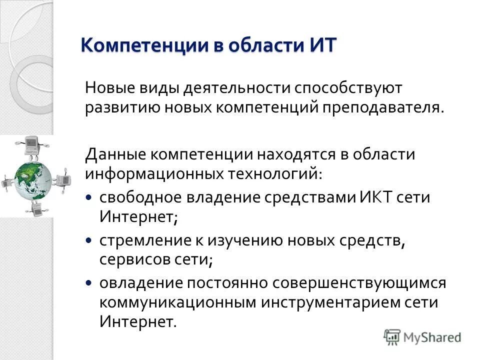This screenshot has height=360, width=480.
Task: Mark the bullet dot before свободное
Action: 88,197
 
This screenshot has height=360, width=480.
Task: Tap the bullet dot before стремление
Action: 88,240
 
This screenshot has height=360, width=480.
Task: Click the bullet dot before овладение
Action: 88,283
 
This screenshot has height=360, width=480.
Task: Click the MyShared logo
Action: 422,337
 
